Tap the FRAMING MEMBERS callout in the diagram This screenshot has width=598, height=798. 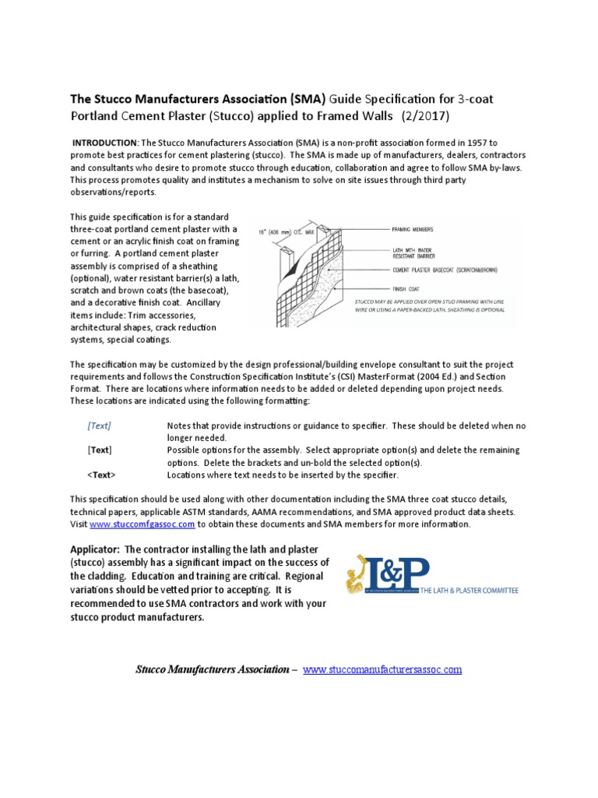412,229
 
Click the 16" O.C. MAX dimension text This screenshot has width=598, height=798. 287,231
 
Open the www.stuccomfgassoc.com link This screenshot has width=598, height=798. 133,524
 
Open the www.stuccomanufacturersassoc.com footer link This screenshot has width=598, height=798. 382,669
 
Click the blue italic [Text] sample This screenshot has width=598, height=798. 99,425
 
